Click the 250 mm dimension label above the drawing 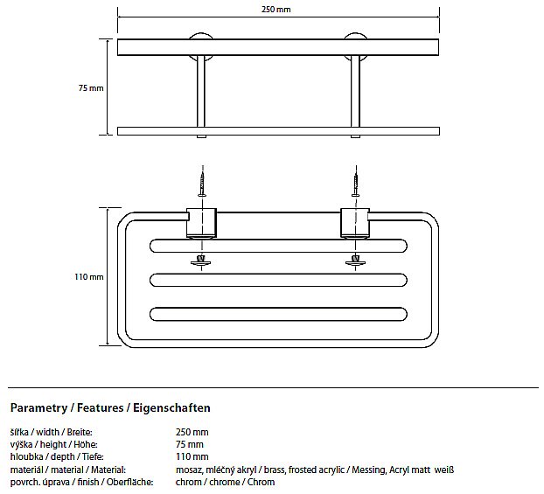pos(275,10)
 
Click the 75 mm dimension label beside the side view pos(91,88)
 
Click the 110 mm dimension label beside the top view pos(89,277)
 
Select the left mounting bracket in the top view pos(201,223)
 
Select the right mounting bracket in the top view pos(355,223)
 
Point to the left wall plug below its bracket pos(201,261)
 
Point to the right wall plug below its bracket pos(355,261)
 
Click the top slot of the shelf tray pos(278,246)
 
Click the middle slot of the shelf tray pos(278,280)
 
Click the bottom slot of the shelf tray pos(278,314)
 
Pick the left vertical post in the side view pos(201,91)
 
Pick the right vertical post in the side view pos(355,91)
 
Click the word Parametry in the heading pos(38,408)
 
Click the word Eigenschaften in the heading pos(171,408)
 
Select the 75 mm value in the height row pos(190,444)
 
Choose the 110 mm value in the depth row pos(192,456)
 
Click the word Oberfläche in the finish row pos(129,483)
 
